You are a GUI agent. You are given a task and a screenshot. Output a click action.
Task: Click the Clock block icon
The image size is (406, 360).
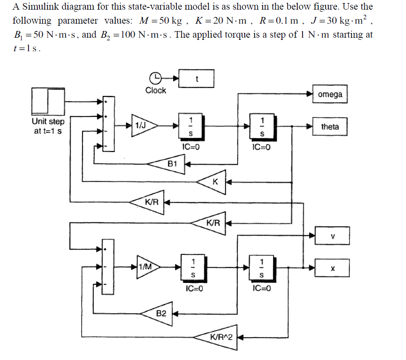point(156,78)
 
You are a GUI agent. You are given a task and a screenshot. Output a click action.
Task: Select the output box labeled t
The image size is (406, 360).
point(196,78)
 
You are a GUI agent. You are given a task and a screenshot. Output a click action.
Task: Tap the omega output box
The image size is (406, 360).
point(330,94)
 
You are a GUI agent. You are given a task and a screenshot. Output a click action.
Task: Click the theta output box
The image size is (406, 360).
point(330,127)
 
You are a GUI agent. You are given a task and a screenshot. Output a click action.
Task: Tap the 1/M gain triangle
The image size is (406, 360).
point(145,266)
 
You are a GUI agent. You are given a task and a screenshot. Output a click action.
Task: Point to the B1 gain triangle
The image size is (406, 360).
point(170,164)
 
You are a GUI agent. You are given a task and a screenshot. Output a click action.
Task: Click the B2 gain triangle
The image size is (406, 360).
point(159,313)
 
